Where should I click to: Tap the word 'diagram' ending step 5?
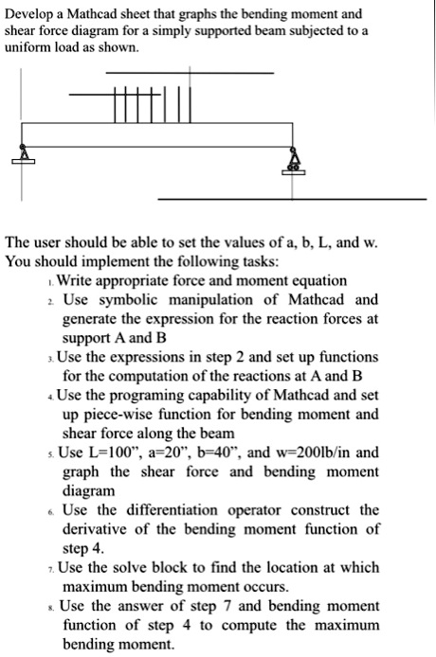tap(89, 491)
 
